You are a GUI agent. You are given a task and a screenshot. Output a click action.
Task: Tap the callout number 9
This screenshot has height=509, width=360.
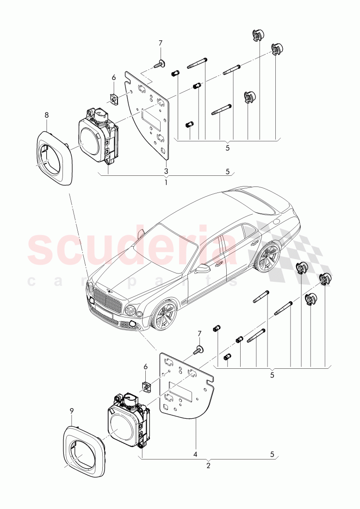point(71,410)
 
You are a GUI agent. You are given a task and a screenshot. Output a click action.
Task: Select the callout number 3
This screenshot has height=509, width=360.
point(166,171)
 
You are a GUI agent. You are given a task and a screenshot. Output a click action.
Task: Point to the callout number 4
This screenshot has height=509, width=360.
point(195,455)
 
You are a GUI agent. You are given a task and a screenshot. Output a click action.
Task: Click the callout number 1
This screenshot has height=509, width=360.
point(166,183)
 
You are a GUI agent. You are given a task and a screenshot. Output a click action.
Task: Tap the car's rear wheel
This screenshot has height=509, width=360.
point(267,257)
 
